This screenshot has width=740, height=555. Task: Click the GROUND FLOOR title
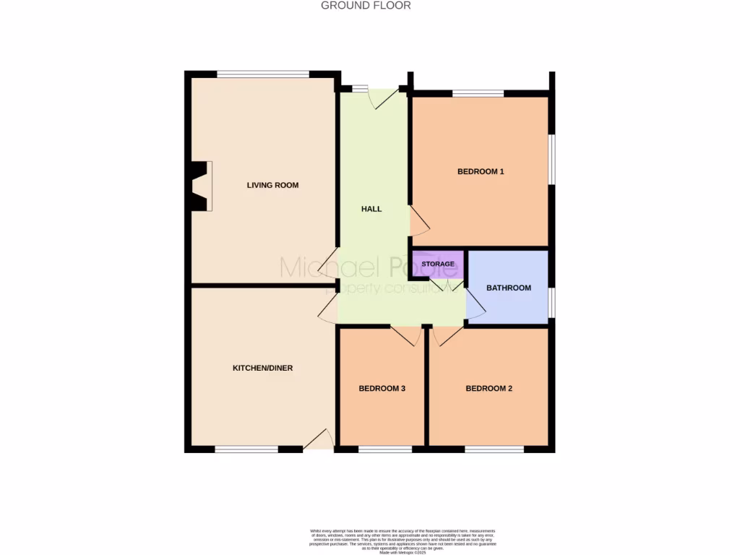[366, 6]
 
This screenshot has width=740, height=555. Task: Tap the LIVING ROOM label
[272, 186]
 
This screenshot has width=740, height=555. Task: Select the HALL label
[371, 209]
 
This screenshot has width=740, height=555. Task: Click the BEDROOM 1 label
[481, 172]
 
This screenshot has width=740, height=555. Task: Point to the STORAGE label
[438, 264]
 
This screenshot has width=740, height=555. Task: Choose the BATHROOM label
[508, 288]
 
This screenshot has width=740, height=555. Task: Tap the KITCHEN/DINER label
[262, 369]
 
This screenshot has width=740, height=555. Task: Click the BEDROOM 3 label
[382, 389]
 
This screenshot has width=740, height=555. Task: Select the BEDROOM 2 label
[489, 389]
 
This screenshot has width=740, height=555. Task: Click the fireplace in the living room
[199, 186]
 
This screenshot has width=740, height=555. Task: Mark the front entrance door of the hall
[384, 98]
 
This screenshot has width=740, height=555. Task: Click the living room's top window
[263, 74]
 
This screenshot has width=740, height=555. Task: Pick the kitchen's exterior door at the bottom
[318, 439]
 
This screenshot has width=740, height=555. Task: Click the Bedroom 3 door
[406, 335]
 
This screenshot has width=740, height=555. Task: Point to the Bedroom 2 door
[447, 335]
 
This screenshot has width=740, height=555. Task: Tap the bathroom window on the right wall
[551, 302]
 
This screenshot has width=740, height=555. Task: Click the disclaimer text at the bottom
[402, 541]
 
